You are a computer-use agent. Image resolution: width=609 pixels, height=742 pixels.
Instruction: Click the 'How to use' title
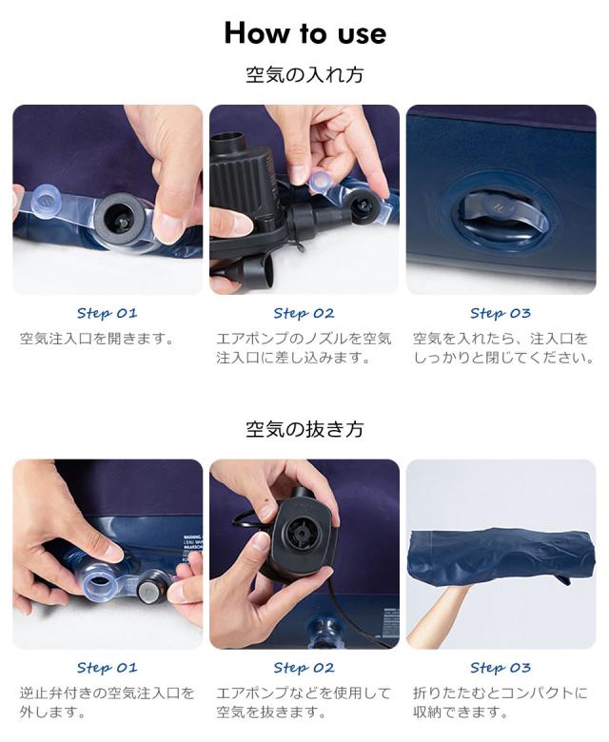pos(305,33)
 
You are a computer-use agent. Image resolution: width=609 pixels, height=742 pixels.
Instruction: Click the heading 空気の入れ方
pos(304,75)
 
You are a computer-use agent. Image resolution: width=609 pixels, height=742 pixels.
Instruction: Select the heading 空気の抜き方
pos(304,429)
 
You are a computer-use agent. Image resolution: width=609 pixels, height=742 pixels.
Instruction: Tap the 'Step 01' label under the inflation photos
pos(107,313)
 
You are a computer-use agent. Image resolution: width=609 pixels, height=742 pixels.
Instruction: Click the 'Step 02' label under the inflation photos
pos(304,313)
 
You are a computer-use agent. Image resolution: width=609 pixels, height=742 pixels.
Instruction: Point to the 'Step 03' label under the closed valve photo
pos(501,313)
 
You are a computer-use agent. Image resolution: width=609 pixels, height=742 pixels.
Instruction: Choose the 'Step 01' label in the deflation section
pos(107,668)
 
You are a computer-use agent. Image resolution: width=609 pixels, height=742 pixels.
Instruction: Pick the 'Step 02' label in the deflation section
pos(304,668)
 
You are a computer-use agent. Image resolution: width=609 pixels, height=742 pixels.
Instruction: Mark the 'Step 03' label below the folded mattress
pos(501,668)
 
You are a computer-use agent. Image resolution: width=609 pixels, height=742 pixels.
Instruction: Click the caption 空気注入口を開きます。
pos(98,339)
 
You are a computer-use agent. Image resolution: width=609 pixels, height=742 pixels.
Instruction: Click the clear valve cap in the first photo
pos(46,204)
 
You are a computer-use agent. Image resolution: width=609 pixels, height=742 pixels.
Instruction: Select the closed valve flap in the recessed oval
pos(503,215)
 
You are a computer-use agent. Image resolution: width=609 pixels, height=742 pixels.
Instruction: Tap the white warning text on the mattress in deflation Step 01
pos(192,549)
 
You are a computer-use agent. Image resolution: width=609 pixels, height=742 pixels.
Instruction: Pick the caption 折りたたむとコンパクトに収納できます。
pos(501,702)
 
